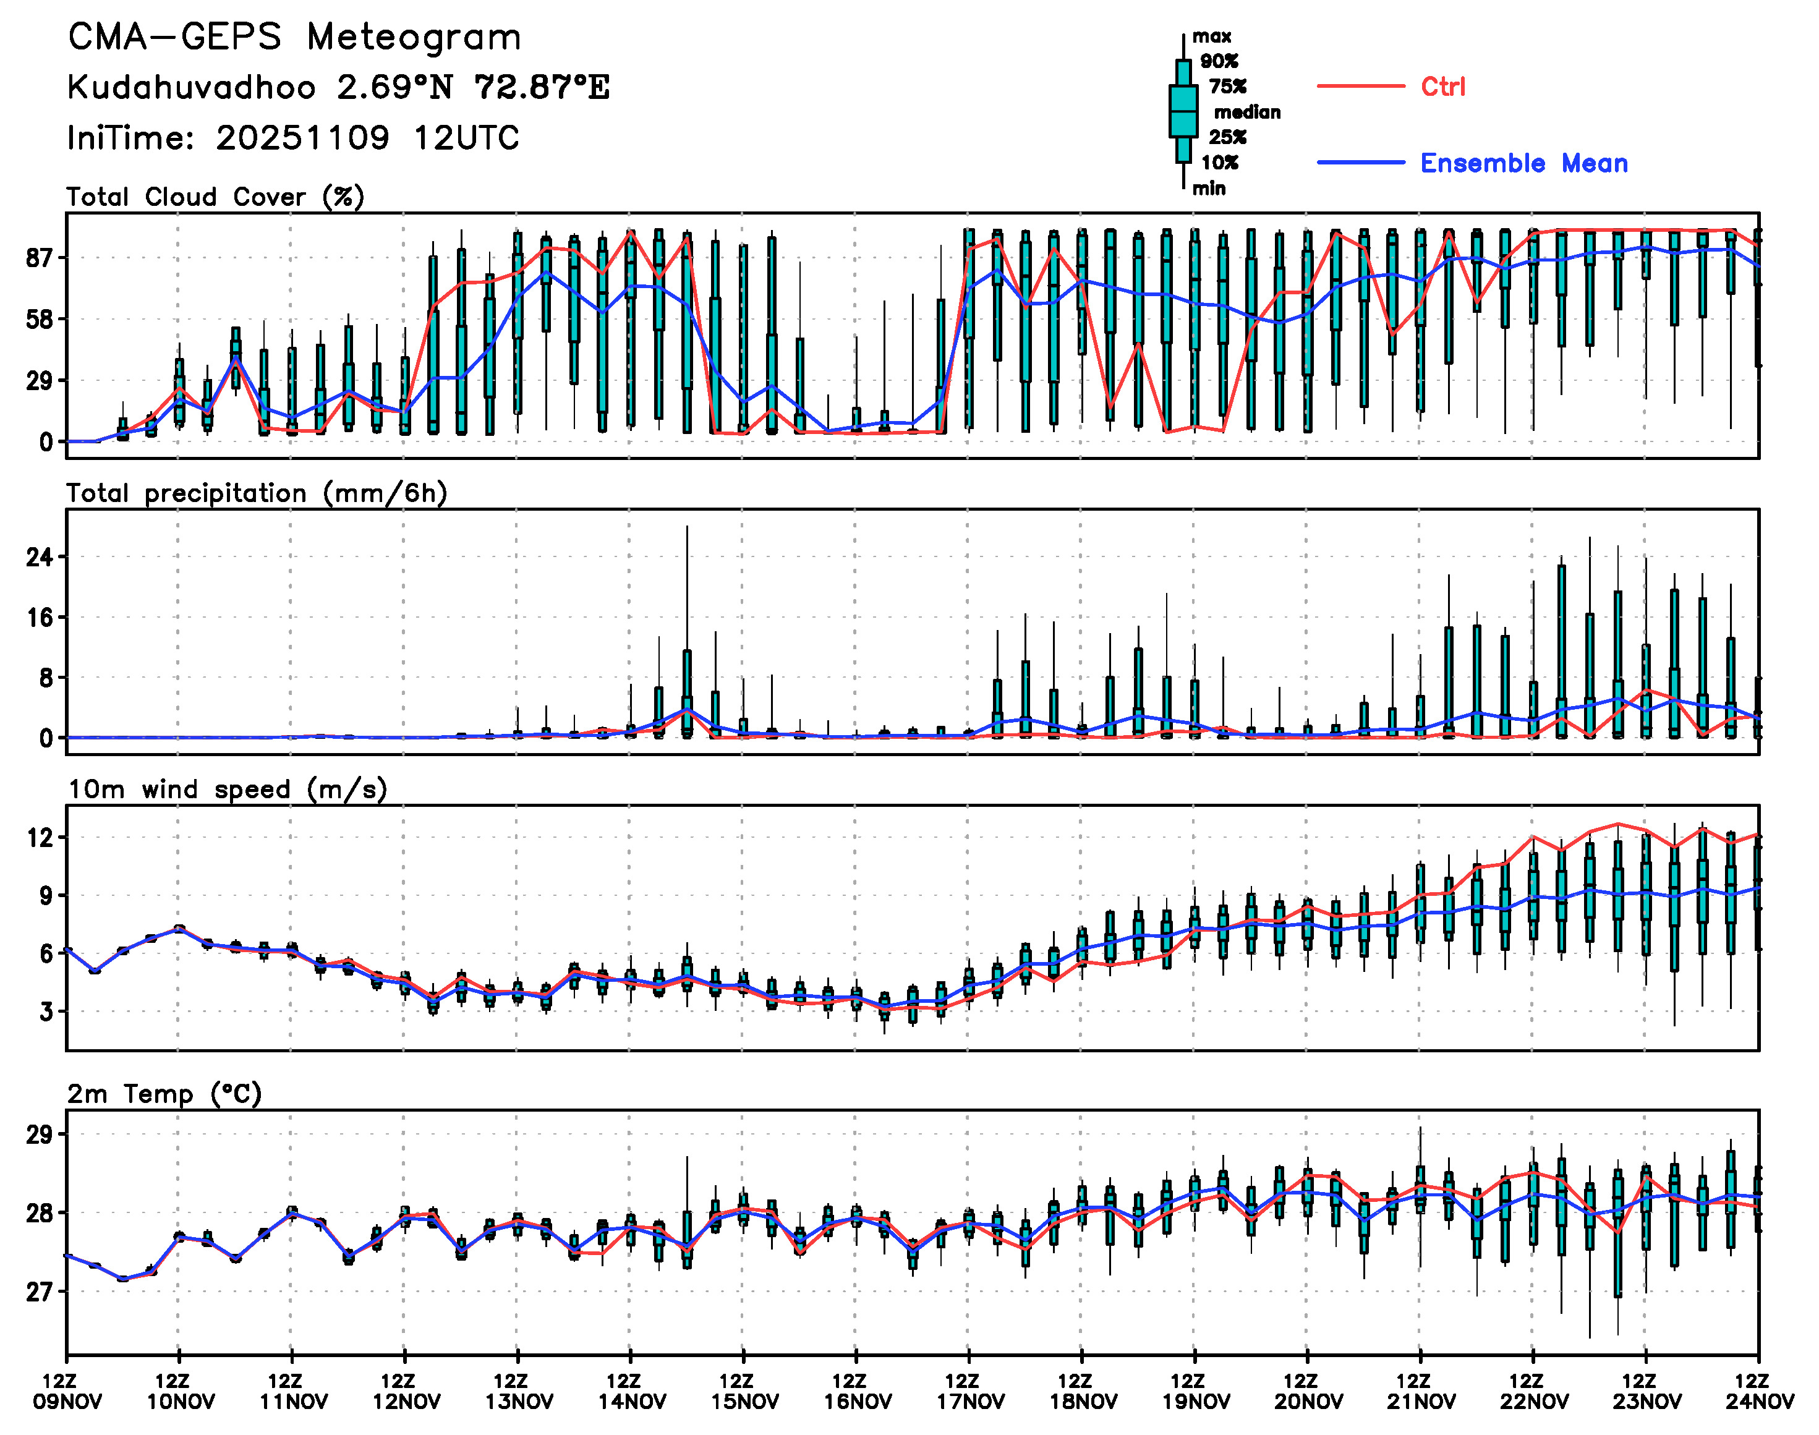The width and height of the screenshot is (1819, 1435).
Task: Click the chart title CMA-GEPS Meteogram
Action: point(294,38)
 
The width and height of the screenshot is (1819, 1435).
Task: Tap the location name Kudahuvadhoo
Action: point(192,87)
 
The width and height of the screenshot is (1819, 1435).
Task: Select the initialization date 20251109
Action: point(302,138)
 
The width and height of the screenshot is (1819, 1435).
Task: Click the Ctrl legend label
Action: point(1442,87)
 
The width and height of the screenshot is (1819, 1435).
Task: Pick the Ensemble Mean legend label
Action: point(1523,163)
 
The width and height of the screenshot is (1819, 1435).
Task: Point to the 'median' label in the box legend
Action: point(1247,113)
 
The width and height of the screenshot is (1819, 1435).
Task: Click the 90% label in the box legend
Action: point(1218,61)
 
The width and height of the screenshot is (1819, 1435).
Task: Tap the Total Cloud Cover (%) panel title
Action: point(215,197)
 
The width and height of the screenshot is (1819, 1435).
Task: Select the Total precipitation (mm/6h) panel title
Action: point(256,493)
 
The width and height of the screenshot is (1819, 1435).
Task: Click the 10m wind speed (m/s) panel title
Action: point(227,790)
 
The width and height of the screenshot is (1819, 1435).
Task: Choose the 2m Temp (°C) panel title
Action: point(164,1094)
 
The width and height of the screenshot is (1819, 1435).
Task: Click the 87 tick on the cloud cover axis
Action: point(40,258)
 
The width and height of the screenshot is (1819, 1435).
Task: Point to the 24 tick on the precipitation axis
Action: point(40,557)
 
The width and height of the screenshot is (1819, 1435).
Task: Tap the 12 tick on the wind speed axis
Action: point(40,838)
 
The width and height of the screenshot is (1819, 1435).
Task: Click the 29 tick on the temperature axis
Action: point(40,1135)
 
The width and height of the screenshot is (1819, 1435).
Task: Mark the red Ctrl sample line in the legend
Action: point(1360,87)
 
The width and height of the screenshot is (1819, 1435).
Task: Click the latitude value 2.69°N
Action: point(395,87)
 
